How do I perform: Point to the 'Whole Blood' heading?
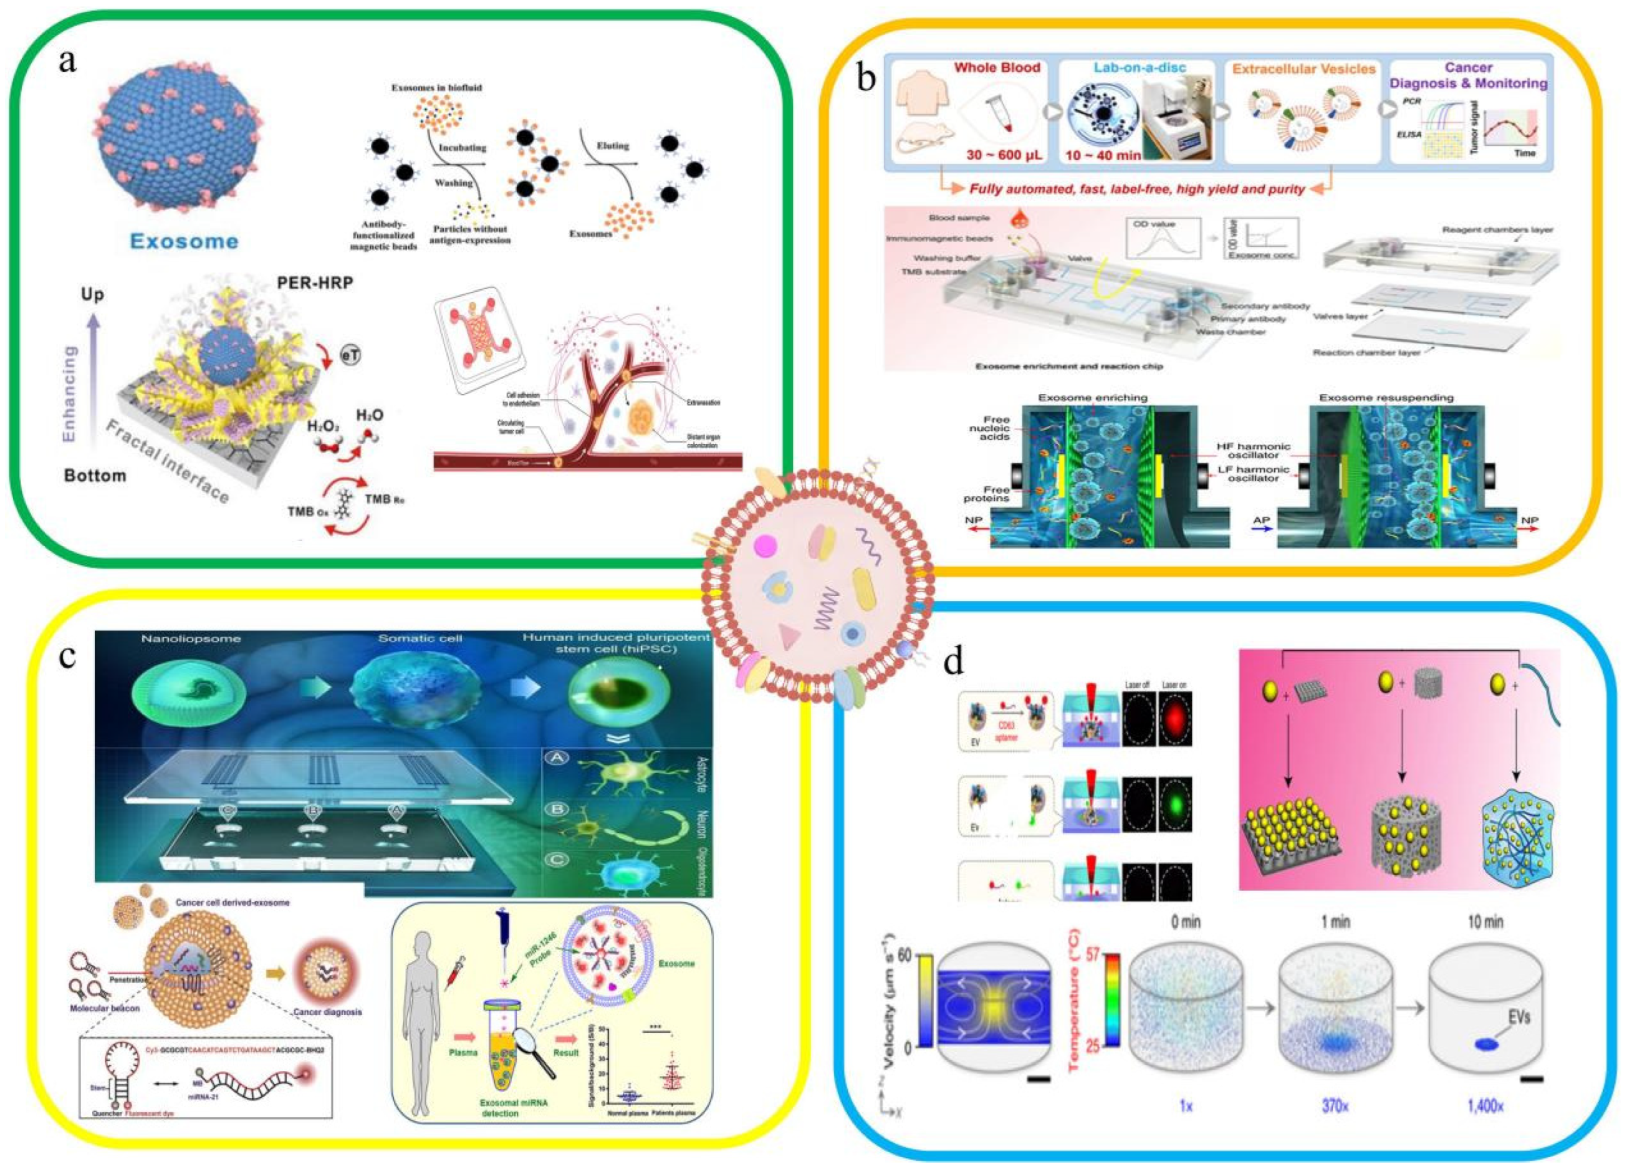[x=997, y=67]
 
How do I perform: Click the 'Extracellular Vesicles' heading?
[x=1305, y=69]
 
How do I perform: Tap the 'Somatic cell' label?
[x=420, y=638]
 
